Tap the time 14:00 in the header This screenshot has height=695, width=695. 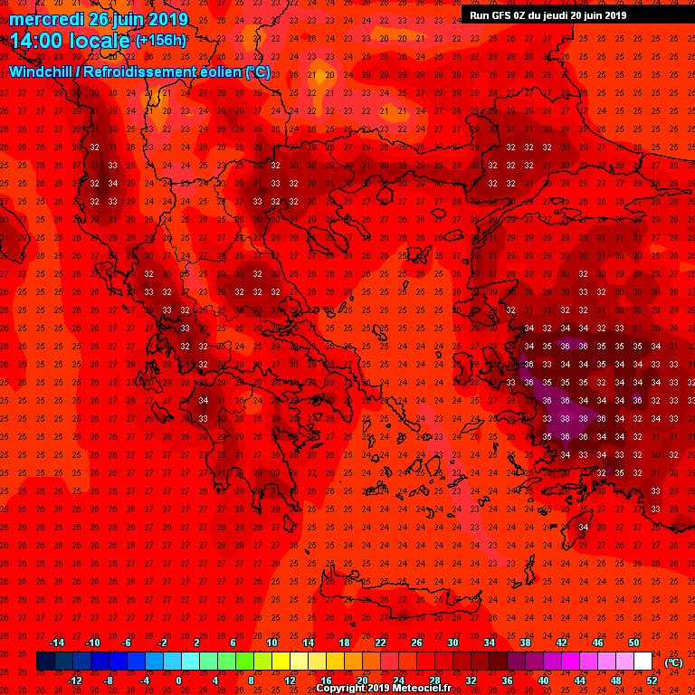[37, 40]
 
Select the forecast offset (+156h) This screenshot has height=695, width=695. [161, 41]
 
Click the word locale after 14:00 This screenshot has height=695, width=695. [100, 40]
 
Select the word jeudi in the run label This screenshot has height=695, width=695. [559, 14]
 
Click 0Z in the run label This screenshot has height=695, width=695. [524, 14]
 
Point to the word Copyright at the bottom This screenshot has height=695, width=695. [342, 688]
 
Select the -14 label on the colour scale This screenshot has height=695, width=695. [56, 643]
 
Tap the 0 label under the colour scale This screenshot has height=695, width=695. [178, 680]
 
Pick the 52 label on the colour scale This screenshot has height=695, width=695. [652, 680]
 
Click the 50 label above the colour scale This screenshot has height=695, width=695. [633, 643]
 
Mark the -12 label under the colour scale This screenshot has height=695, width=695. [74, 680]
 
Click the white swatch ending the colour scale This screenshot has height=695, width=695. [643, 662]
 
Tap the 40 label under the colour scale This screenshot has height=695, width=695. [543, 680]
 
